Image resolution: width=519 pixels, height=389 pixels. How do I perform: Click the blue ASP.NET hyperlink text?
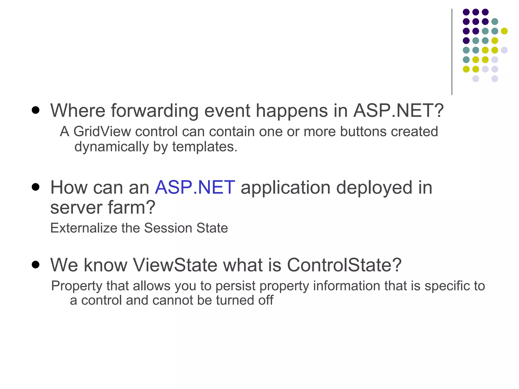pyautogui.click(x=195, y=188)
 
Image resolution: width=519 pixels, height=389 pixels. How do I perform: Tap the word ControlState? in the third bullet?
pyautogui.click(x=344, y=265)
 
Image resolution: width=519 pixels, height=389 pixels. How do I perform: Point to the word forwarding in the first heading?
pyautogui.click(x=155, y=111)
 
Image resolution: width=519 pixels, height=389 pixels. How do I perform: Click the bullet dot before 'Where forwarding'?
pyautogui.click(x=36, y=110)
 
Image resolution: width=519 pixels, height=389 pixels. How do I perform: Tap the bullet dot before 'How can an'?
pyautogui.click(x=36, y=187)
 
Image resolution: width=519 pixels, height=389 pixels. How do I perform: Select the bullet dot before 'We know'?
pyautogui.click(x=36, y=265)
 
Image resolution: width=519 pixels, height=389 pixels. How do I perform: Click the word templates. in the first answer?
pyautogui.click(x=205, y=147)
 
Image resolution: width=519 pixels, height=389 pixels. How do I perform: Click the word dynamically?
pyautogui.click(x=112, y=147)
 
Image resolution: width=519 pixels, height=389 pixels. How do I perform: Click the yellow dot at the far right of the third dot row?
pyautogui.click(x=504, y=31)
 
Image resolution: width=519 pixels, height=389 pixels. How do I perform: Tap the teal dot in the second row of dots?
pyautogui.click(x=495, y=22)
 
